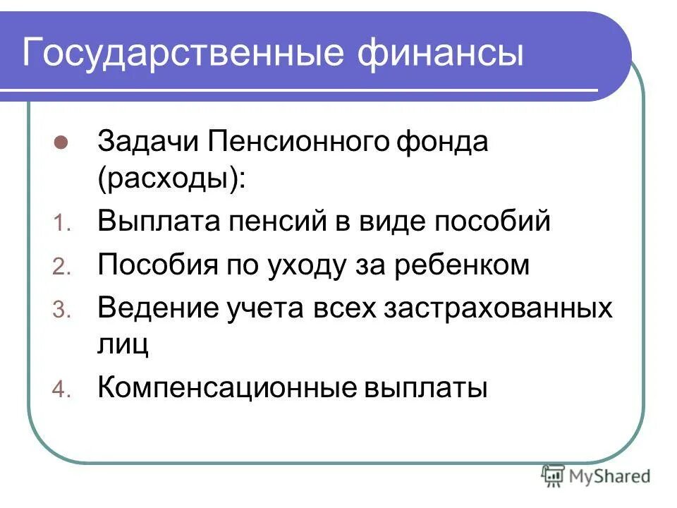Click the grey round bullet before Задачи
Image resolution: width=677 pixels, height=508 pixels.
click(60, 141)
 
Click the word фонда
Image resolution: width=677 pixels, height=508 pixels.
click(442, 141)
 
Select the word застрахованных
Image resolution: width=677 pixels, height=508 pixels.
click(497, 308)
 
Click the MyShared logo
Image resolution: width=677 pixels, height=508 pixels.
click(595, 476)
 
